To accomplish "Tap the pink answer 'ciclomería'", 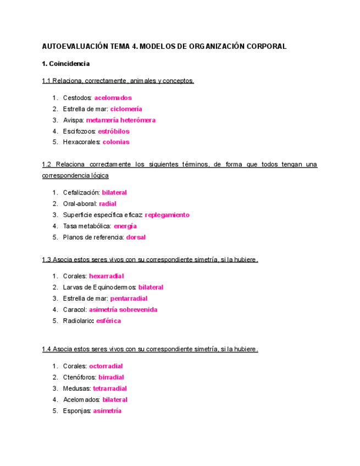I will coord(126,109).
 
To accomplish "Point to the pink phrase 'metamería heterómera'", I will coord(121,120).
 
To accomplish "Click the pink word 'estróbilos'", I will coord(114,131).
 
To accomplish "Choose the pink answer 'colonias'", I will coord(116,142).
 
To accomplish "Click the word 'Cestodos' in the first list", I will coord(77,98).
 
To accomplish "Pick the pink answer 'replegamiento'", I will coord(167,215).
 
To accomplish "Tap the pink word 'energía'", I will coord(125,226).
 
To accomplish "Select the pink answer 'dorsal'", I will coord(136,237).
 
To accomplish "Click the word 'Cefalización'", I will coord(81,192).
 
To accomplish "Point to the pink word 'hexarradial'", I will coord(106,276).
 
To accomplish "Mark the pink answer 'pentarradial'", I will coord(130,299).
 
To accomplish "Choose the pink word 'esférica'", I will coord(108,321).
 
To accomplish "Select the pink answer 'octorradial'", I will coord(106,366).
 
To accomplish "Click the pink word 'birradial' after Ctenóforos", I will coord(111,378).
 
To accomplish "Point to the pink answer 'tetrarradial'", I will coord(110,389).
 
